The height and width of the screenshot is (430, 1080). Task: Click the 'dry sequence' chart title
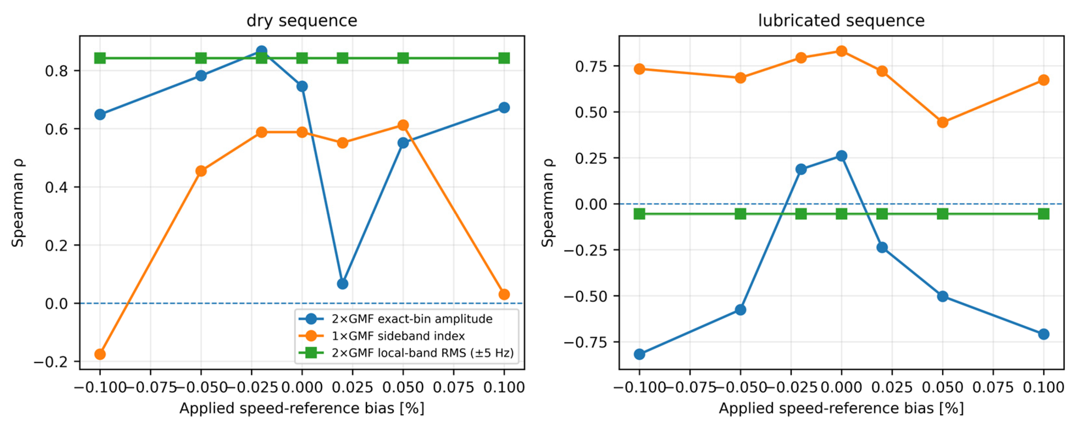click(x=302, y=20)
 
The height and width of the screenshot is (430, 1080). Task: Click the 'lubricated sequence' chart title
click(x=841, y=20)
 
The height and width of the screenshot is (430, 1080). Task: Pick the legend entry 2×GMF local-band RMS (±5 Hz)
click(x=406, y=353)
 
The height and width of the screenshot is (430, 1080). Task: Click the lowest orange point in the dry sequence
click(x=100, y=354)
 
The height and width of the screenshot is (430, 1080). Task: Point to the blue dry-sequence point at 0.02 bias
click(x=343, y=284)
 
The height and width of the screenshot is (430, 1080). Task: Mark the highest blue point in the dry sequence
click(x=262, y=51)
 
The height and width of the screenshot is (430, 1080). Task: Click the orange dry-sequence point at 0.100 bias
click(x=504, y=295)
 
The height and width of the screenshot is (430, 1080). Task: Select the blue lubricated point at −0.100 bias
click(x=639, y=354)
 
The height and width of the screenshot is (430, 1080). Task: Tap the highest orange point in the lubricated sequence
click(x=841, y=51)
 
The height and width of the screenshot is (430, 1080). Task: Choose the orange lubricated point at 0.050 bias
click(x=942, y=122)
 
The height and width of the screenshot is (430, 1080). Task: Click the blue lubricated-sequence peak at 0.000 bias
click(x=841, y=155)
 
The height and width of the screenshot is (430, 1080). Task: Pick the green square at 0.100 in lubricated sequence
click(x=1044, y=214)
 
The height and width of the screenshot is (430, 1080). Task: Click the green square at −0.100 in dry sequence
click(x=100, y=58)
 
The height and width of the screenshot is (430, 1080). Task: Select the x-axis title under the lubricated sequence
click(x=841, y=408)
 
